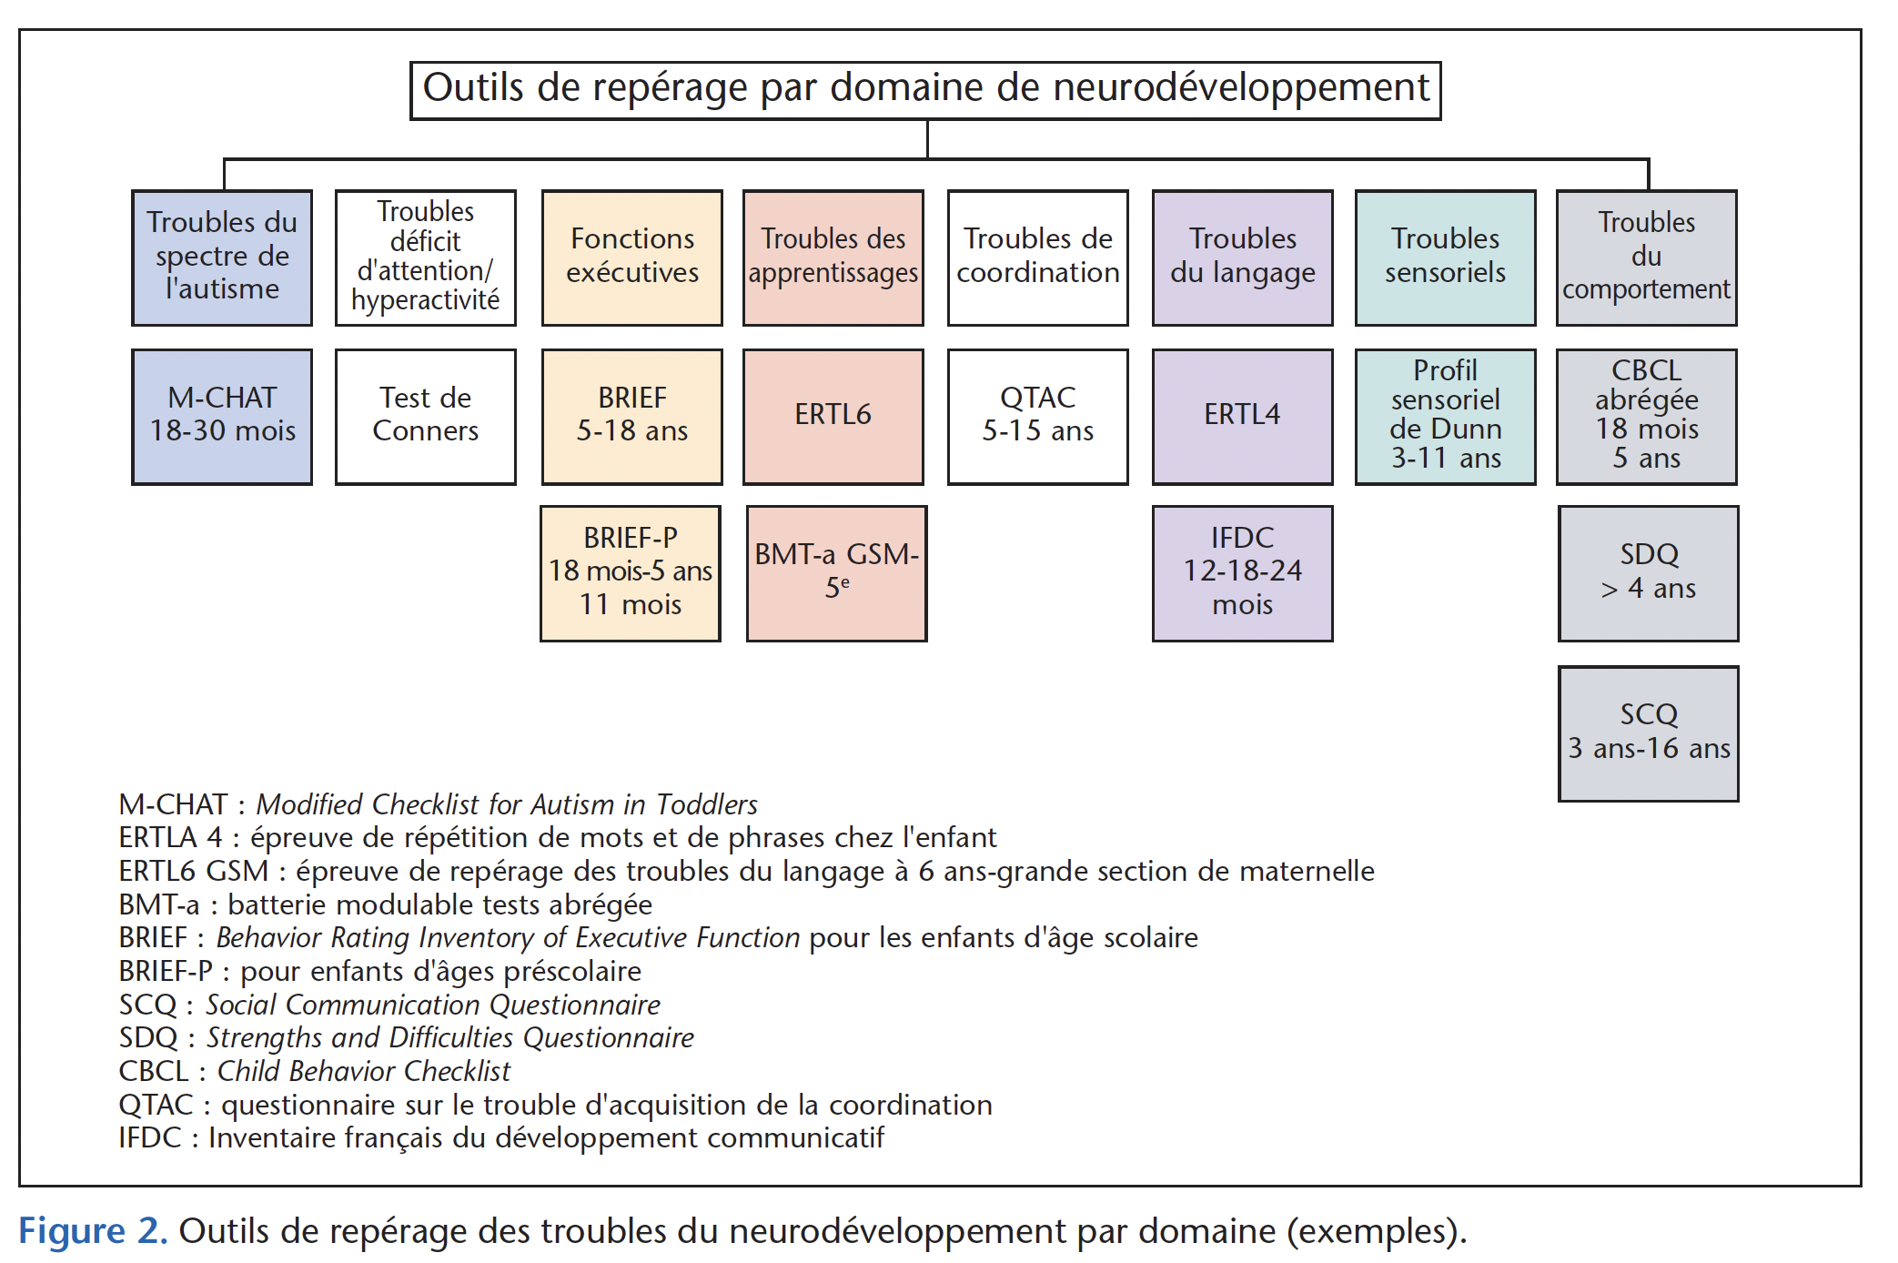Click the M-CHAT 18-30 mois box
click(222, 417)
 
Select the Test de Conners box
click(426, 417)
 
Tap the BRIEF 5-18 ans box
click(632, 417)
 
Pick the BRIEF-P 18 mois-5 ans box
click(631, 573)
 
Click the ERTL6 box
click(833, 417)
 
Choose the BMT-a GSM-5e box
click(837, 573)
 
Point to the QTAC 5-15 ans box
click(1038, 417)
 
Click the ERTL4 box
click(1243, 417)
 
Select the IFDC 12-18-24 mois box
click(1243, 573)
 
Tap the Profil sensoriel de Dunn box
click(1446, 417)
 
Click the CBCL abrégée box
click(1647, 417)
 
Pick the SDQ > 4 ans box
click(1649, 573)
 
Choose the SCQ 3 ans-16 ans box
click(1649, 733)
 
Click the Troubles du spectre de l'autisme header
click(222, 258)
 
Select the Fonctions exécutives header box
click(632, 258)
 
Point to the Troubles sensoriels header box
click(1446, 258)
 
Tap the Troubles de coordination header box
click(1038, 258)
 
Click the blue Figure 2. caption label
click(93, 1231)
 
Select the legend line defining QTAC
click(555, 1105)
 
